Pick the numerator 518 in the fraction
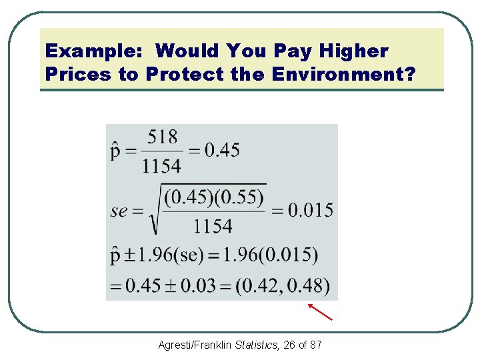pyautogui.click(x=162, y=137)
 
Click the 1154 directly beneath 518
pyautogui.click(x=161, y=165)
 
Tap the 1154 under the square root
pyautogui.click(x=213, y=226)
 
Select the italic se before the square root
pyautogui.click(x=119, y=211)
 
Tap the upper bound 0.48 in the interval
pyautogui.click(x=309, y=285)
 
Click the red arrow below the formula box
pyautogui.click(x=320, y=311)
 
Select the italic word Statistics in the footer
pyautogui.click(x=257, y=345)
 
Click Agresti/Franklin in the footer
pyautogui.click(x=195, y=345)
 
